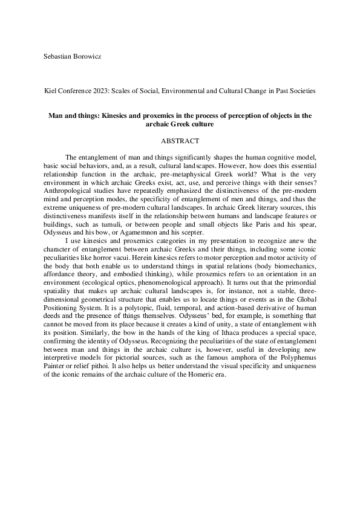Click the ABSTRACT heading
pos(180,141)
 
